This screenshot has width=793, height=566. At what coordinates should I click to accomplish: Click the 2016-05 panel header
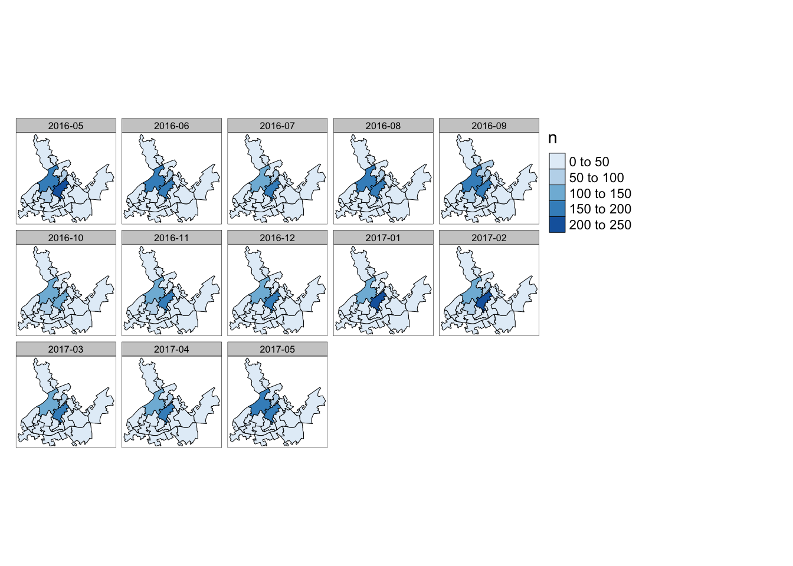click(x=65, y=126)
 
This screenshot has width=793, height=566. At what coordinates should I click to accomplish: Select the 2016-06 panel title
click(x=171, y=126)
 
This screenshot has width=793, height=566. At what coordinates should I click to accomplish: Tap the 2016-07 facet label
click(x=277, y=126)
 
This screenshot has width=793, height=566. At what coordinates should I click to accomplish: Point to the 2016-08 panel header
click(x=383, y=126)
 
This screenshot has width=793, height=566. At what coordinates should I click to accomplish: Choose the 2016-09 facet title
click(x=489, y=126)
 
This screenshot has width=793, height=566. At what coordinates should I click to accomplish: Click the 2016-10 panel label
click(x=65, y=238)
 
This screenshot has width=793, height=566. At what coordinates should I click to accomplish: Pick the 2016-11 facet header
click(x=171, y=238)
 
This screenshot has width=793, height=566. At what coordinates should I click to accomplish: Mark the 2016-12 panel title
click(x=277, y=238)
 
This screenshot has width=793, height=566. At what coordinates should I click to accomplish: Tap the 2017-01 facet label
click(x=383, y=238)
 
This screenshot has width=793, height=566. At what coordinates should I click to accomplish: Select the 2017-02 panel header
click(x=489, y=238)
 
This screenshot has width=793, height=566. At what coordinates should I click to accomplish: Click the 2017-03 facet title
click(x=65, y=349)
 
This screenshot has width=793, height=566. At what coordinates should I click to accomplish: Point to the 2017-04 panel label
click(x=171, y=349)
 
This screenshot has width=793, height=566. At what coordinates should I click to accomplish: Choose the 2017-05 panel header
click(x=277, y=349)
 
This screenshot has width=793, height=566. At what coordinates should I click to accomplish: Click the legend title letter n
click(x=552, y=139)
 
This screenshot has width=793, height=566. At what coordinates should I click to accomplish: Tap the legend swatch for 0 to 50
click(x=557, y=162)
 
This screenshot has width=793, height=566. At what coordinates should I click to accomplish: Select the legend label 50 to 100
click(x=596, y=177)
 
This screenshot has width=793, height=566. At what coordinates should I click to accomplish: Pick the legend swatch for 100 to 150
click(x=557, y=193)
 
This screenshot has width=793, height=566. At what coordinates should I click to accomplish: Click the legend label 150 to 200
click(x=599, y=209)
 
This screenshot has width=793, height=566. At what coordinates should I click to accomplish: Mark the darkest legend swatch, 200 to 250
click(x=557, y=225)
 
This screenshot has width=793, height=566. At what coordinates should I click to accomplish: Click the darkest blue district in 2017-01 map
click(x=378, y=301)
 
